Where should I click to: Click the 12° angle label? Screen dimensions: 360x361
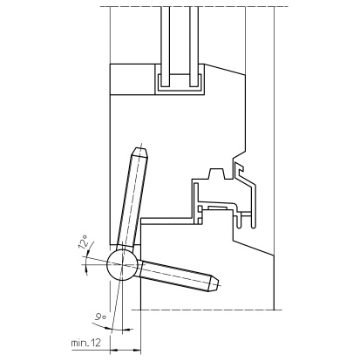coord(84,242)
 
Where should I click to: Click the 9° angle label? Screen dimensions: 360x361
coord(100,317)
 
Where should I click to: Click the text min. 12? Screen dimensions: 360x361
coord(86,343)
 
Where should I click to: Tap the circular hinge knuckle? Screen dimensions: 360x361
coord(122,264)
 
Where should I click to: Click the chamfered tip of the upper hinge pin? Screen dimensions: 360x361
coord(140,152)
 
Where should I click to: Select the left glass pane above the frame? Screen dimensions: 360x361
coord(166,46)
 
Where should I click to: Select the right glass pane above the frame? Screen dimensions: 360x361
coord(194,46)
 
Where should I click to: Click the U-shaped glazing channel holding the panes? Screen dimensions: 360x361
coord(180,89)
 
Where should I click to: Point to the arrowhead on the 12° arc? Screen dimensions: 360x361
coord(86,270)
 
